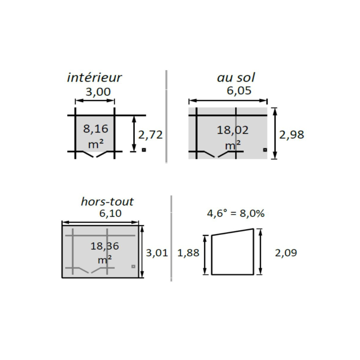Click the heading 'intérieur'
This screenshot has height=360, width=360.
click(94, 78)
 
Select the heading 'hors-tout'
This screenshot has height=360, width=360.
click(107, 202)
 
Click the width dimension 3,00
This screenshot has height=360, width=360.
click(98, 92)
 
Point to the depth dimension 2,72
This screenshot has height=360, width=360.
click(150, 135)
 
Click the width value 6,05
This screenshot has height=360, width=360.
click(239, 91)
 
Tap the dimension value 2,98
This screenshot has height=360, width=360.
click(291, 135)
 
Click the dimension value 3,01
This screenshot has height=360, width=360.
click(157, 253)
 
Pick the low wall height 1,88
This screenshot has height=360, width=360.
click(188, 253)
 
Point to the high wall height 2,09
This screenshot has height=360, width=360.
click(286, 253)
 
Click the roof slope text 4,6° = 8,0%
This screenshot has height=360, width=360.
click(236, 213)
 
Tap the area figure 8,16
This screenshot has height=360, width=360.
click(96, 129)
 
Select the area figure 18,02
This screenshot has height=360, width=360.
click(232, 130)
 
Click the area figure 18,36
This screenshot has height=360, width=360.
click(105, 246)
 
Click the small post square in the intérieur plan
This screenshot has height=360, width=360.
click(143, 150)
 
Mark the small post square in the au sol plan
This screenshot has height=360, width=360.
click(265, 150)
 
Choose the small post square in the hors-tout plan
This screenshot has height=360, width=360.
click(133, 266)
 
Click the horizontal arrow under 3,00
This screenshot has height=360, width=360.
click(95, 101)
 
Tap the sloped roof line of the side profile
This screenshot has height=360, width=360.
click(232, 232)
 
